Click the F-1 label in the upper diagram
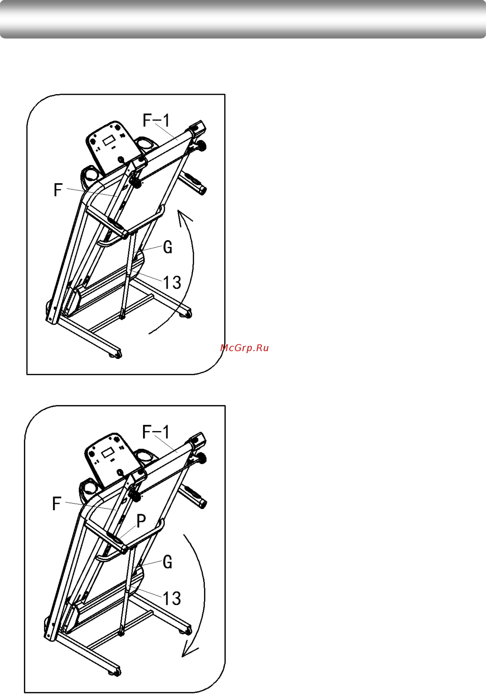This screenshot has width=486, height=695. tap(156, 120)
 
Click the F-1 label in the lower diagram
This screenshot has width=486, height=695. tap(156, 432)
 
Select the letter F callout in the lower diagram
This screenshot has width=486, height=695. tap(57, 504)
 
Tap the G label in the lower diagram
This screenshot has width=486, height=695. tap(167, 562)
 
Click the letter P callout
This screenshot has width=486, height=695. tap(141, 521)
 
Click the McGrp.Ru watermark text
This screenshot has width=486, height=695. tap(245, 348)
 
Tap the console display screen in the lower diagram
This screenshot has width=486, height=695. tap(107, 453)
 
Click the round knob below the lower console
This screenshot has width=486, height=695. tap(120, 472)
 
